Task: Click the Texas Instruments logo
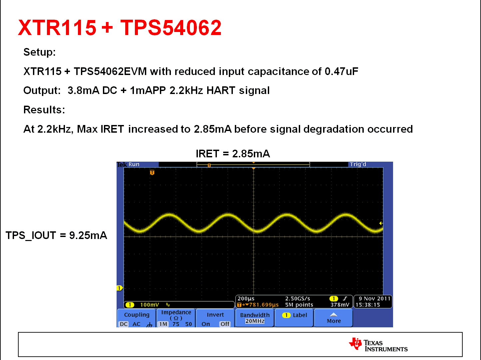coord(378,345)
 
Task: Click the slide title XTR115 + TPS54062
coord(120,27)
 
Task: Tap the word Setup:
coord(39,52)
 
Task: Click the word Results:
coord(44,110)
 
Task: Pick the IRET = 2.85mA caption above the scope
coord(233,154)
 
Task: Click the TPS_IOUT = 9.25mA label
coord(56,235)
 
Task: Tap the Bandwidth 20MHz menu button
coord(254,318)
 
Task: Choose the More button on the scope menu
coord(333,318)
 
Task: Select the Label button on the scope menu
coord(294,315)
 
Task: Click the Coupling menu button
coord(137,319)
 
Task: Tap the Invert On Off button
coord(215,319)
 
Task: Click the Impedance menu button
coord(176,318)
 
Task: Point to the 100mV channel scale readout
coord(149,305)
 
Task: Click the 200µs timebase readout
coord(246,299)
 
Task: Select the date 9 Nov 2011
coord(374,299)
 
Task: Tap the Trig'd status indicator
coord(358,164)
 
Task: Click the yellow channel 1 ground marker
coord(119,288)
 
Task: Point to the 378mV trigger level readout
coord(339,305)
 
